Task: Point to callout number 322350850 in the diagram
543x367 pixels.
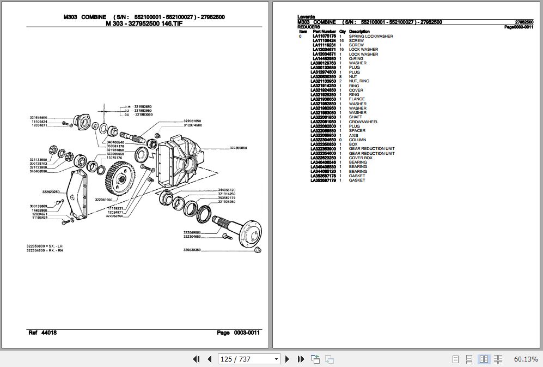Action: pos(238,148)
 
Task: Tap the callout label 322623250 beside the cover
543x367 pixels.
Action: pos(51,191)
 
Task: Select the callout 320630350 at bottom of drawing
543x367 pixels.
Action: pos(192,250)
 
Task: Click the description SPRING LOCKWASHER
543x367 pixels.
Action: pos(371,36)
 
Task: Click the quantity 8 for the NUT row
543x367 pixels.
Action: pos(340,76)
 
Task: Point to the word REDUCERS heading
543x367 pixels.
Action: pos(309,27)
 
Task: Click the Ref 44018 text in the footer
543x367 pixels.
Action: pos(42,333)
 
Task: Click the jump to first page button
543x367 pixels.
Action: pos(197,359)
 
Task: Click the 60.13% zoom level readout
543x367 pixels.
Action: pos(524,359)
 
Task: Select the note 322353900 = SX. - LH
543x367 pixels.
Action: pos(45,246)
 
